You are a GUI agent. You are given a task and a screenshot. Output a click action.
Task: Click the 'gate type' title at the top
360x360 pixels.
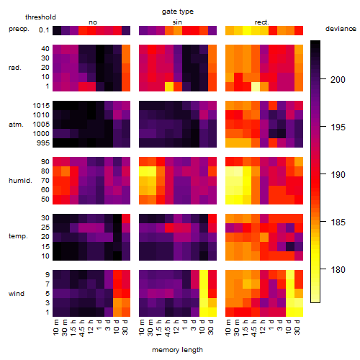178,12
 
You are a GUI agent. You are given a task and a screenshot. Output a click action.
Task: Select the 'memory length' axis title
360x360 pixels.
177,350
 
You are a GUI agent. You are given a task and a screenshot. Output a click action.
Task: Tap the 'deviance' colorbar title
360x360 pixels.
341,29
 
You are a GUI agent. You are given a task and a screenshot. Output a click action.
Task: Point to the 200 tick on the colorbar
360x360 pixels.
323,78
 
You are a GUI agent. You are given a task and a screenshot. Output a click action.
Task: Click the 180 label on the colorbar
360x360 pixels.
338,270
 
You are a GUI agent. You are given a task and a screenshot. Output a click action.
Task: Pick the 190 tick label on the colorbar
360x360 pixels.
338,174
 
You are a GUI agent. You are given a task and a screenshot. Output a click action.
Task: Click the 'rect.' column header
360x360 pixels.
261,22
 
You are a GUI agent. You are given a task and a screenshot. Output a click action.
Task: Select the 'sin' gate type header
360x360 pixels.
177,22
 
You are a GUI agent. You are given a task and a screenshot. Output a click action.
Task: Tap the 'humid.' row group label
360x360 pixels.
20,181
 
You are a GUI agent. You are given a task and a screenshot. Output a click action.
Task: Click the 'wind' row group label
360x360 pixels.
17,294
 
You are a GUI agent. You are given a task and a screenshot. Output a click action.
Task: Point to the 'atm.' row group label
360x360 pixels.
16,125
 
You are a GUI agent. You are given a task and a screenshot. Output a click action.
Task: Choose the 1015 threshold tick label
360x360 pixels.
41,106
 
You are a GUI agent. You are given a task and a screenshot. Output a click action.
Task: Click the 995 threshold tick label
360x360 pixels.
43,143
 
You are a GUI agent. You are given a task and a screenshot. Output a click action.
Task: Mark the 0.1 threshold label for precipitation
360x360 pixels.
44,30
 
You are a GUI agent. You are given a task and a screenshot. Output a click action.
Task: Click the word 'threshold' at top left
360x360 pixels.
40,17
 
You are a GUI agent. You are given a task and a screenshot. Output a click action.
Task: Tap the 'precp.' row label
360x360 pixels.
19,29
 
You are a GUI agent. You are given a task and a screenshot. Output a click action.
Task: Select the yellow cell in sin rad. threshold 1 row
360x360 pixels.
169,86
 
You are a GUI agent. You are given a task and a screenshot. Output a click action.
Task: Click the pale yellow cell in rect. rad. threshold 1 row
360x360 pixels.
256,86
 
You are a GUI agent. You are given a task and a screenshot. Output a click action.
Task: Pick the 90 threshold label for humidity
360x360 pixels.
45,162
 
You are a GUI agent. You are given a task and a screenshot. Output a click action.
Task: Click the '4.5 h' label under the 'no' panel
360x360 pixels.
81,328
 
